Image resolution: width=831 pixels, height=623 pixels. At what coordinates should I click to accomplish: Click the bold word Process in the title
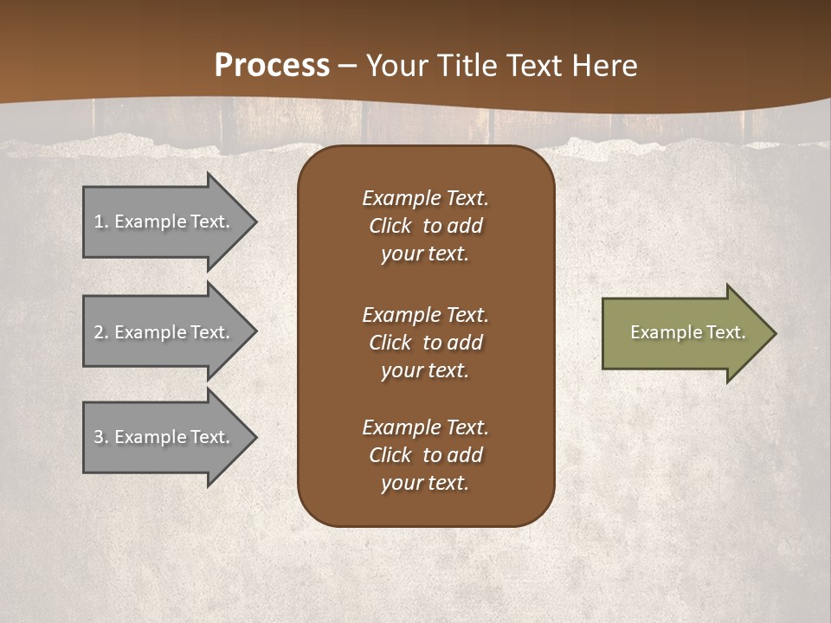click(x=272, y=65)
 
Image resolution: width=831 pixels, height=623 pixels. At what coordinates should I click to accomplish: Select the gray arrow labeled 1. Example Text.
click(x=164, y=222)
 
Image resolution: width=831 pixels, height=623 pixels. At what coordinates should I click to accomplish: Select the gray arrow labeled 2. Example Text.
click(x=164, y=332)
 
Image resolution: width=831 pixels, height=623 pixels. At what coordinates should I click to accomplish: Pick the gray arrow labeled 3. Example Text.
click(x=164, y=437)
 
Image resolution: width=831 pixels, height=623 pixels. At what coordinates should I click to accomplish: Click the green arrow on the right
click(x=684, y=333)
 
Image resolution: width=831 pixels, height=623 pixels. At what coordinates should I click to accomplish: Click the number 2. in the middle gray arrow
click(x=100, y=332)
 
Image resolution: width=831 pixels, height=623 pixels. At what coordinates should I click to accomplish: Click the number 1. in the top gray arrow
click(x=100, y=222)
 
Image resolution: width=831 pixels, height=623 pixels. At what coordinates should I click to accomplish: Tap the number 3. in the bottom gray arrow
click(x=100, y=437)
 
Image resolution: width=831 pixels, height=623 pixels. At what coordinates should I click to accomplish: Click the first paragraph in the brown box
click(x=425, y=226)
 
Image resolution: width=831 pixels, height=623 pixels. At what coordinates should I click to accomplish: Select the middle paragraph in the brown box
click(x=425, y=343)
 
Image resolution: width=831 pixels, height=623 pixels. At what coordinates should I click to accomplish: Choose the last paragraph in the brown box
click(x=425, y=455)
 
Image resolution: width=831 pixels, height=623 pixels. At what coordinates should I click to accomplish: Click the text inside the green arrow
click(x=687, y=332)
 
